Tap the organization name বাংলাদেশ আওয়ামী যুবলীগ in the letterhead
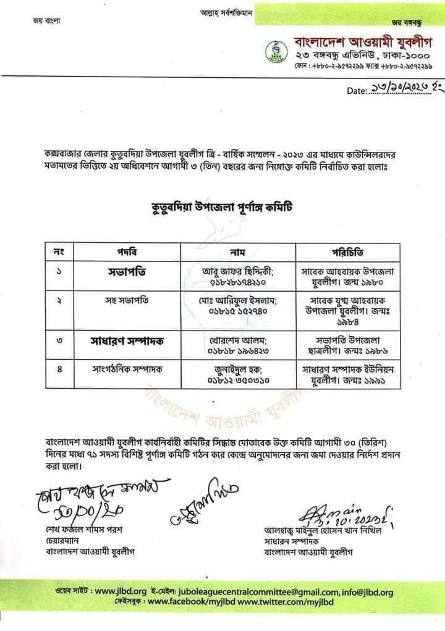[359, 43]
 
